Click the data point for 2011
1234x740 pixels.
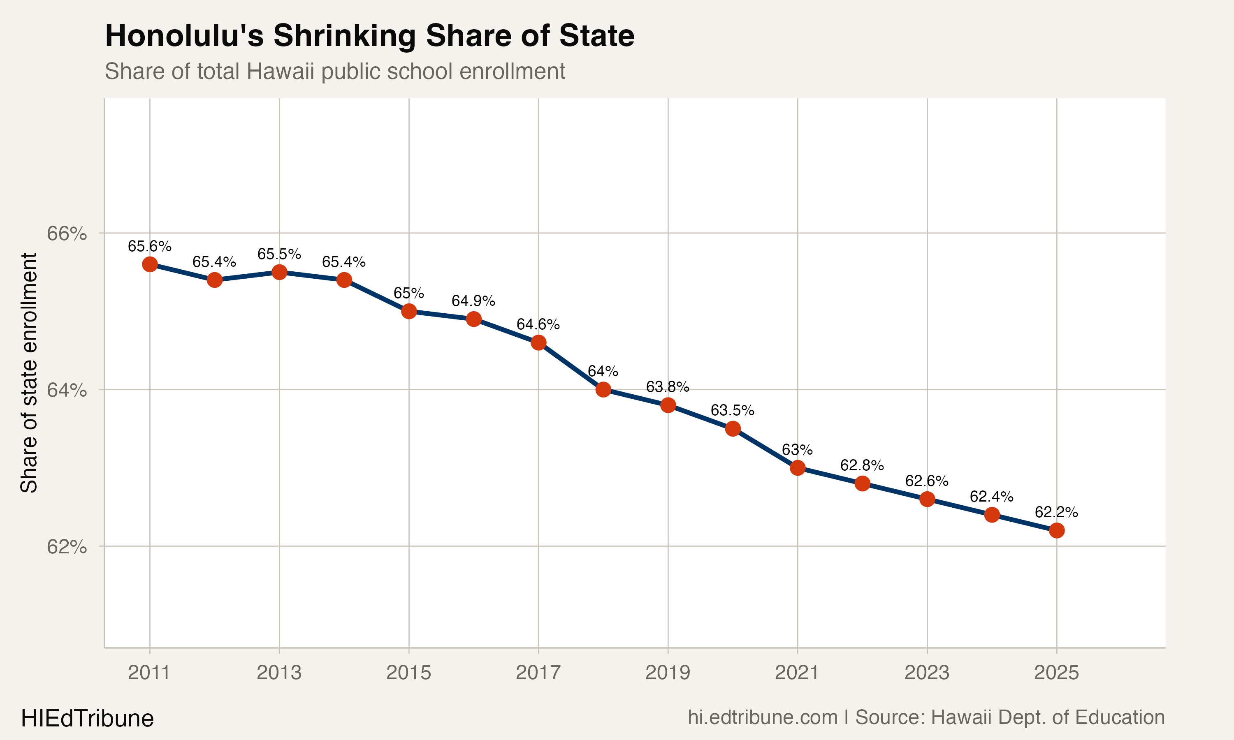tap(150, 264)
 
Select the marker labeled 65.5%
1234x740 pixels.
tap(279, 272)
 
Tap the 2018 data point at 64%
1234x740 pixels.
tap(603, 389)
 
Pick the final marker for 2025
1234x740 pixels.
tap(1056, 531)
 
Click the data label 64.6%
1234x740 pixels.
tap(538, 325)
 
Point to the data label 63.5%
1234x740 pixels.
tap(732, 410)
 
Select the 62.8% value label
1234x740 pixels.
tap(862, 465)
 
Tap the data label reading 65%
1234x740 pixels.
tap(408, 293)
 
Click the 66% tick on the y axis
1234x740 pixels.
tap(66, 234)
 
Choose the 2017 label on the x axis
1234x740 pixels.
tap(538, 673)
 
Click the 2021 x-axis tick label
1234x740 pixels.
tap(797, 673)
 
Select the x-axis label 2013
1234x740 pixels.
tap(279, 673)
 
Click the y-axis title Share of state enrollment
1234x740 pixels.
tap(29, 373)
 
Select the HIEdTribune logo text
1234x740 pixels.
tap(87, 719)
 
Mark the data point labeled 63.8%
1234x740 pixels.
tap(668, 405)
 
